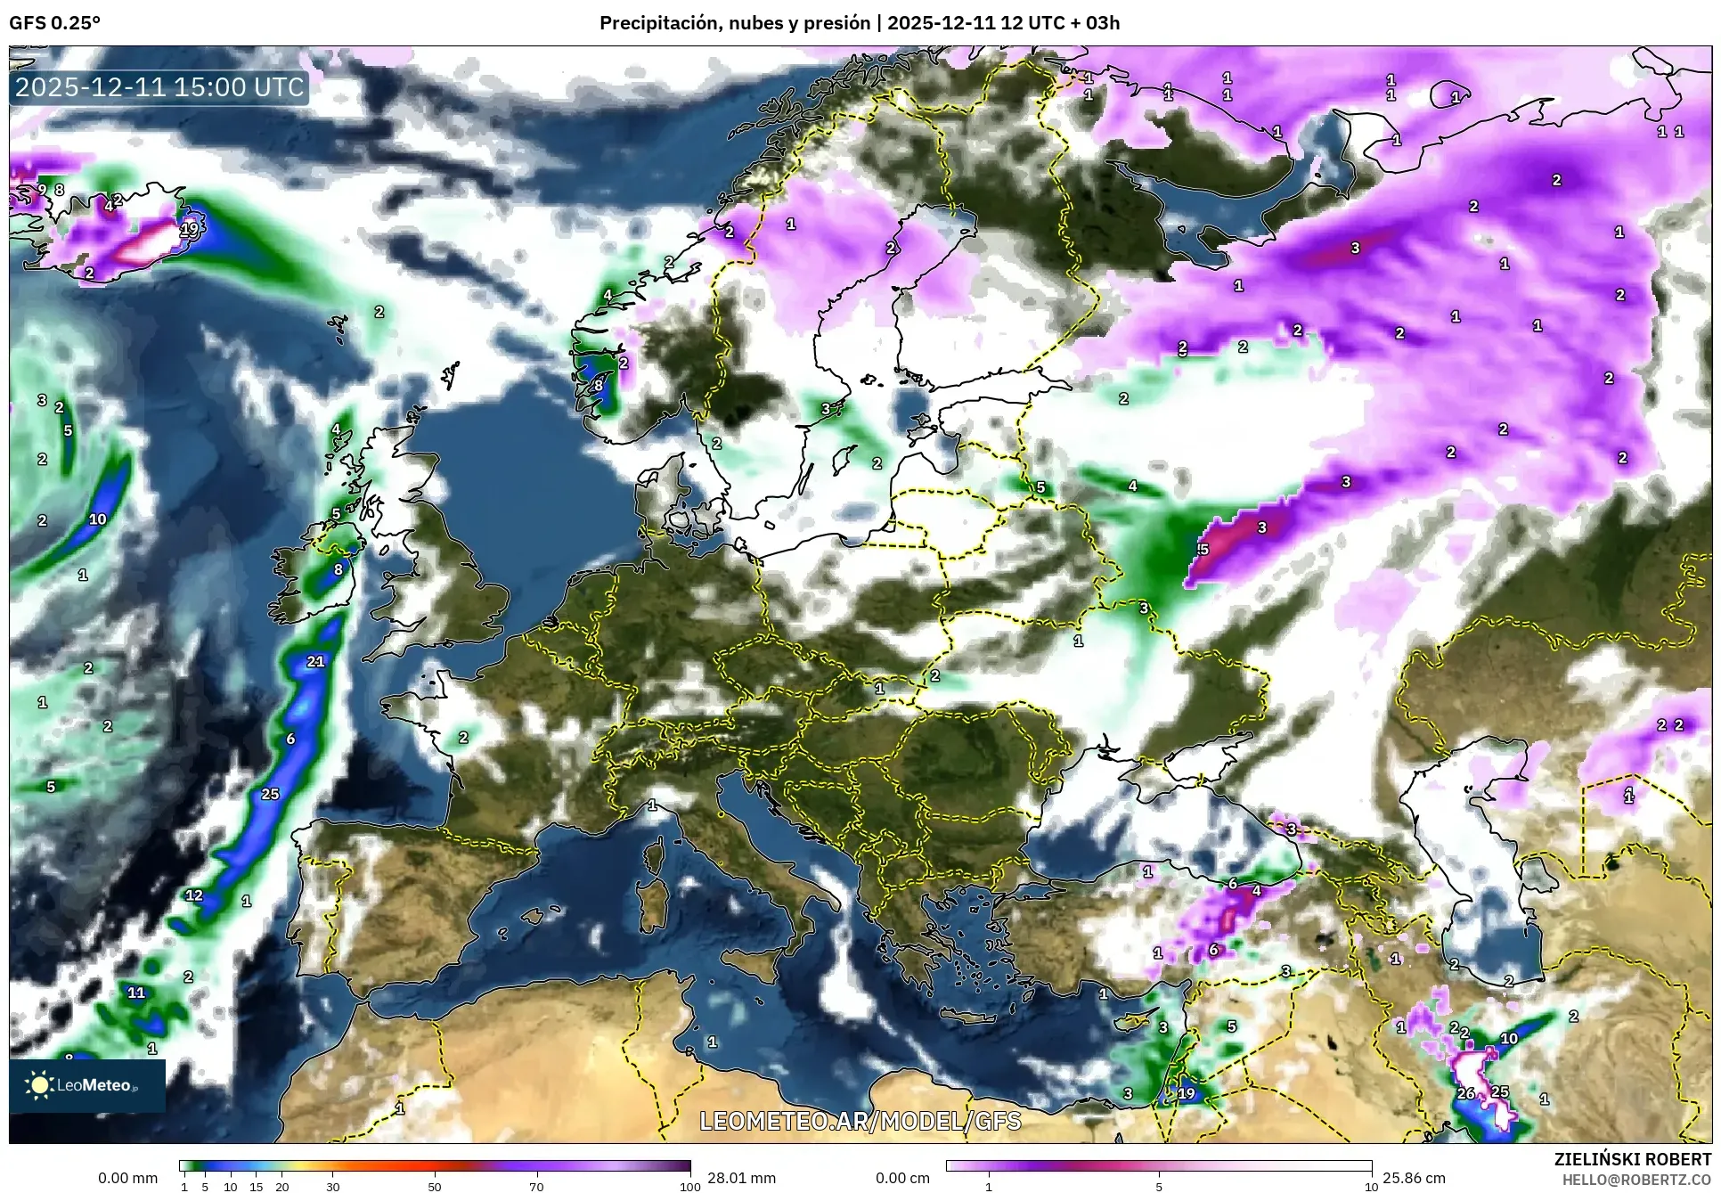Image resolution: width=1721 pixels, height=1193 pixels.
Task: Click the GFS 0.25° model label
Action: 54,23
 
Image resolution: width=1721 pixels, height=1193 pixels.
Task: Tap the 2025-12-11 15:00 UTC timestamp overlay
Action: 160,87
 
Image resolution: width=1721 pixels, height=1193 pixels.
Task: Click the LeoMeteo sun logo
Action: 39,1084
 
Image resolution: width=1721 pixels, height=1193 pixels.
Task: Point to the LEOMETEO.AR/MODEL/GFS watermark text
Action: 860,1121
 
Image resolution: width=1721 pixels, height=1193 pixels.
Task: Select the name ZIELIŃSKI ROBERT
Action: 1632,1159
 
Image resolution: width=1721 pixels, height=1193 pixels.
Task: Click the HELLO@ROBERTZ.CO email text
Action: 1636,1180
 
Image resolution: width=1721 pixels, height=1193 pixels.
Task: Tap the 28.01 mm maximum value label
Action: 741,1178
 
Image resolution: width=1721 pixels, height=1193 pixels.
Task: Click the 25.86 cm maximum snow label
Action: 1413,1178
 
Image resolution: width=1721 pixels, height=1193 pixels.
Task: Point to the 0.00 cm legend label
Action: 901,1178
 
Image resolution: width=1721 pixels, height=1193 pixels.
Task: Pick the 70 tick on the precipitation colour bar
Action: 536,1187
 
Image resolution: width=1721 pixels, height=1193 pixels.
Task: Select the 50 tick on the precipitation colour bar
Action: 435,1187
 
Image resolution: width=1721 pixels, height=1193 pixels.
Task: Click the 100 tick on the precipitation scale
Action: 689,1187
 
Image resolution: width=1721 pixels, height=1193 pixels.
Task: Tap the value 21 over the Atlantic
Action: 315,661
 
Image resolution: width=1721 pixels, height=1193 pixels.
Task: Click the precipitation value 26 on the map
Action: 1465,1093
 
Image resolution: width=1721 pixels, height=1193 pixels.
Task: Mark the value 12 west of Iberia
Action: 194,895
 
